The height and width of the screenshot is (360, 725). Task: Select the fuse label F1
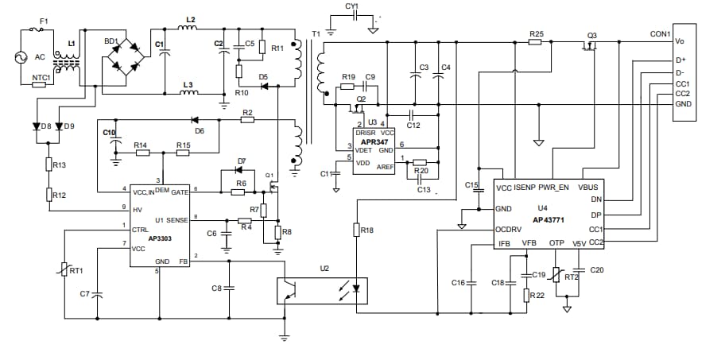pyautogui.click(x=44, y=20)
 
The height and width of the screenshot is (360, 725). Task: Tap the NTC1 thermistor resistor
pyautogui.click(x=39, y=83)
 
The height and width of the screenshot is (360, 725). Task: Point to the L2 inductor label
pyautogui.click(x=190, y=18)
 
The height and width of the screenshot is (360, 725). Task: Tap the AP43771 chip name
pyautogui.click(x=548, y=219)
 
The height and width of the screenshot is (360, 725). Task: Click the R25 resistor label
pyautogui.click(x=536, y=33)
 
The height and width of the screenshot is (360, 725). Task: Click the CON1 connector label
pyautogui.click(x=660, y=34)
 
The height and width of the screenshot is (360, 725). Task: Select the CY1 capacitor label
pyautogui.click(x=352, y=6)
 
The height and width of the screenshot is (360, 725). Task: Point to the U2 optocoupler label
pyautogui.click(x=324, y=269)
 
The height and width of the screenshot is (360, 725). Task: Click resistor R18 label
pyautogui.click(x=366, y=230)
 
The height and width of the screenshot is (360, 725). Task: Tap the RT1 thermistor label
pyautogui.click(x=76, y=270)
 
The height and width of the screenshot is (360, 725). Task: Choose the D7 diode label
pyautogui.click(x=242, y=161)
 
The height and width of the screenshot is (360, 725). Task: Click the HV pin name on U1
pyautogui.click(x=137, y=210)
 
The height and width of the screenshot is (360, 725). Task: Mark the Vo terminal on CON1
pyautogui.click(x=680, y=41)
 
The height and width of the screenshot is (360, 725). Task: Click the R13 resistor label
pyautogui.click(x=59, y=165)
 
